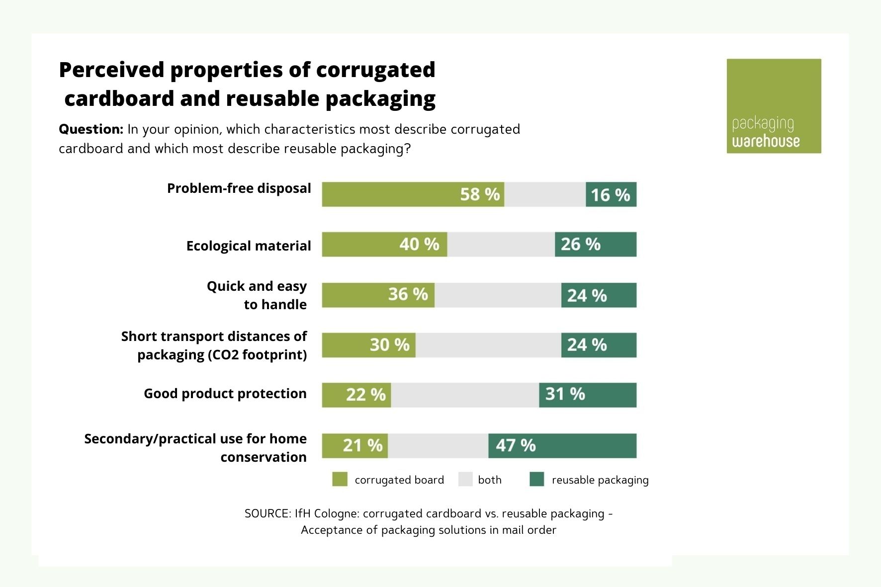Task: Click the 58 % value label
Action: [x=480, y=194]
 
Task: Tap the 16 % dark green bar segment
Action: [x=611, y=194]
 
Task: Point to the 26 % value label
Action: [x=580, y=245]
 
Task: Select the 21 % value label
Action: [x=362, y=445]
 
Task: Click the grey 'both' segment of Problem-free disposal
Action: [x=545, y=194]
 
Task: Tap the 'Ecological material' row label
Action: [x=249, y=246]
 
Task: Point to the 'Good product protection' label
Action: [x=225, y=394]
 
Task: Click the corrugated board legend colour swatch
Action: [x=340, y=480]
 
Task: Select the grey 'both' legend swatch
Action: [x=465, y=480]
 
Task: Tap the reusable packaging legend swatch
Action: [x=537, y=480]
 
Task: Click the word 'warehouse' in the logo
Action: [x=766, y=142]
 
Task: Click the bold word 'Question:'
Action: [x=91, y=129]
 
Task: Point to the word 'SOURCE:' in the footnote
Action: [x=267, y=513]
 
